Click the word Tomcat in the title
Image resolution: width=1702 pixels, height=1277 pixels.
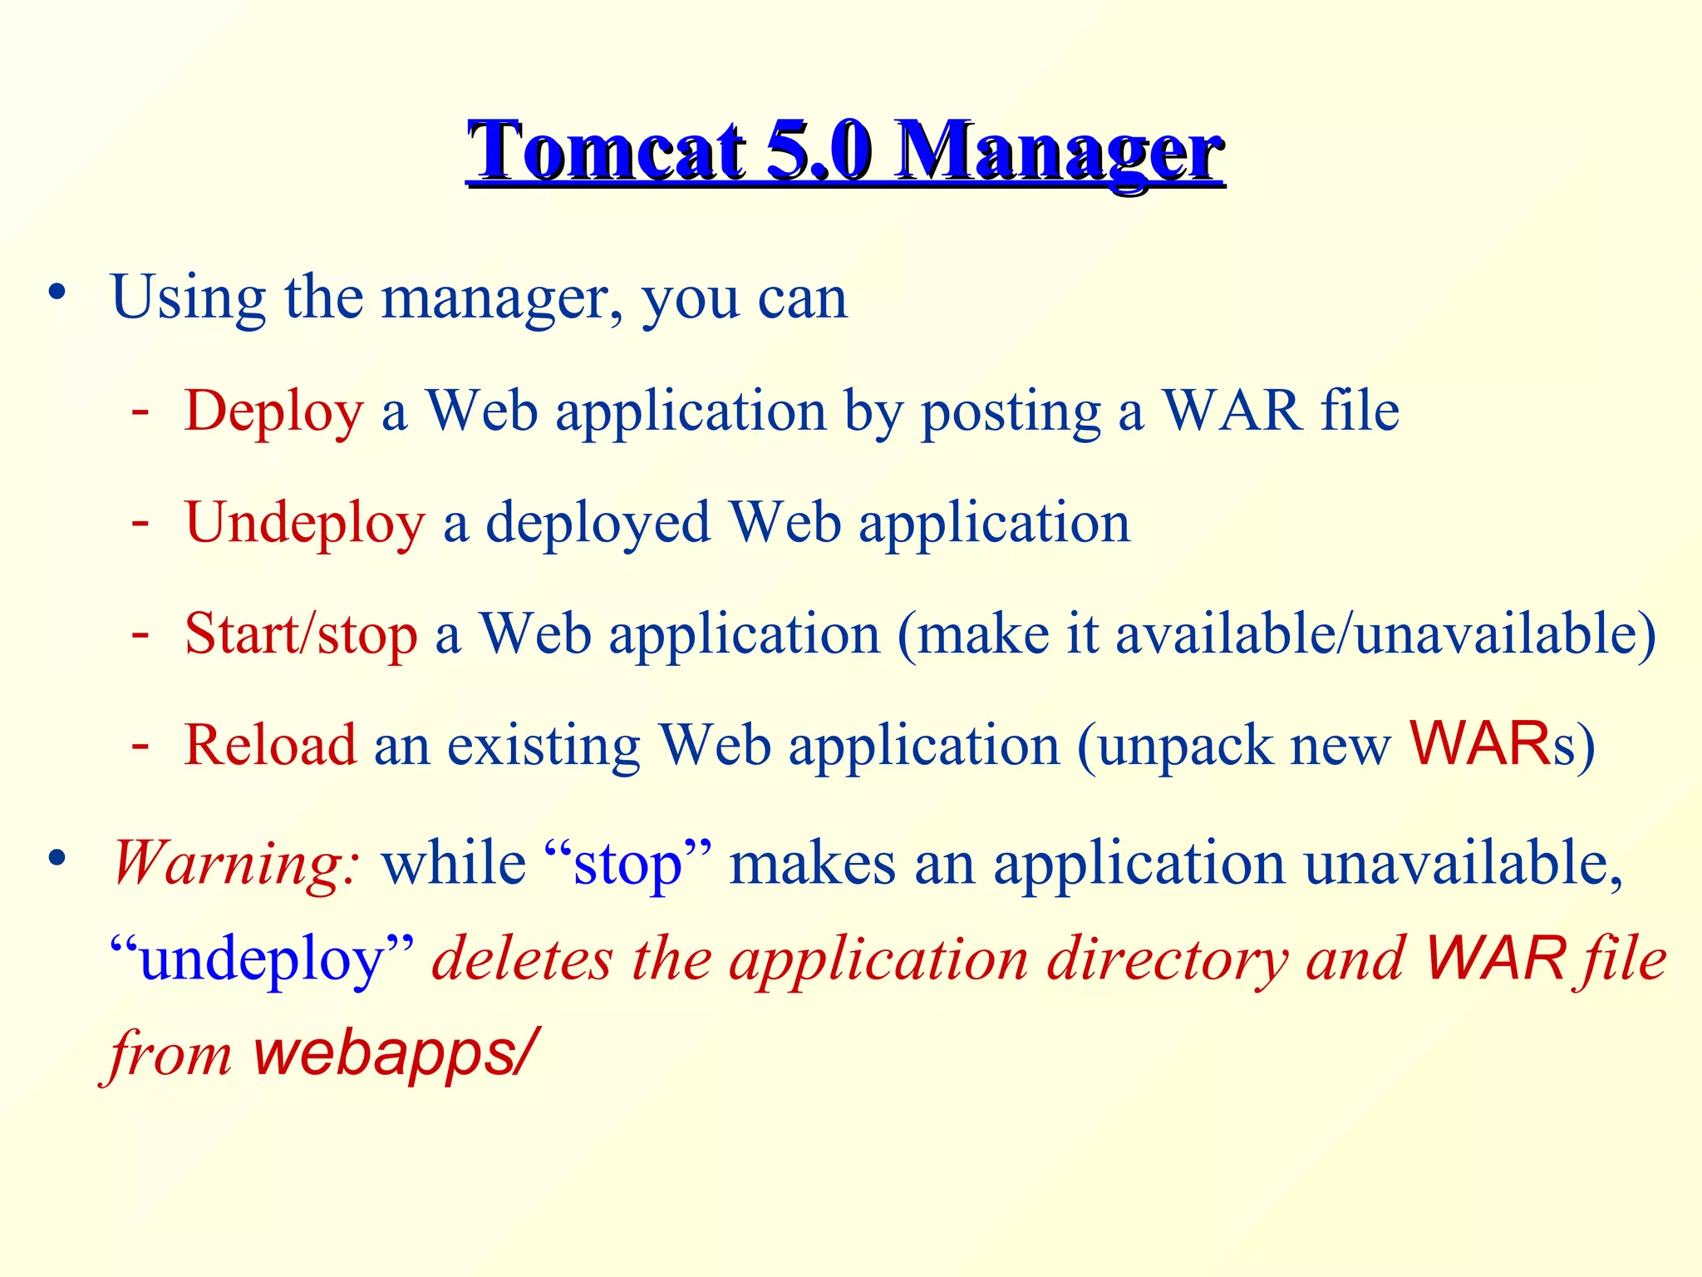[607, 151]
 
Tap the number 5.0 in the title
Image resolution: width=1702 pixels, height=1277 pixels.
[819, 151]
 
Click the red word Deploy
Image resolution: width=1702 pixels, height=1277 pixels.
[273, 412]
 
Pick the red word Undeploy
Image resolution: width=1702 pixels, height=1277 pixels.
[305, 524]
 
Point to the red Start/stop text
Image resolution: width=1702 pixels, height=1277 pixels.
[301, 634]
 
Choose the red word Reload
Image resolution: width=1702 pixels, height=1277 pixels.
[270, 745]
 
